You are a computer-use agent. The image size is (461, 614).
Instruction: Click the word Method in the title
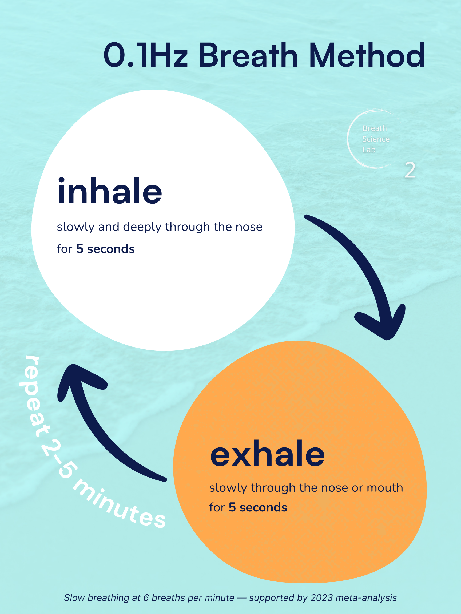[x=367, y=55]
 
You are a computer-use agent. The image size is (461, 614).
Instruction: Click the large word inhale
[x=109, y=192]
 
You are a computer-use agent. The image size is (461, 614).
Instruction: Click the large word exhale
[x=267, y=454]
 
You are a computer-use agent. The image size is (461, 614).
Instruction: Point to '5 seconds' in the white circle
[x=105, y=249]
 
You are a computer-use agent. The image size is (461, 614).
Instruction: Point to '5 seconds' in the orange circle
[x=258, y=507]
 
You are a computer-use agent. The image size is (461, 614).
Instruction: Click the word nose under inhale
[x=249, y=227]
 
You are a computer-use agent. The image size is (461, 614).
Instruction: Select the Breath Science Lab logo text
[x=376, y=139]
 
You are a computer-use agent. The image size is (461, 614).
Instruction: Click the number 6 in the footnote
[x=146, y=598]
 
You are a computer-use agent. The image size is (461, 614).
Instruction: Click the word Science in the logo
[x=376, y=139]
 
